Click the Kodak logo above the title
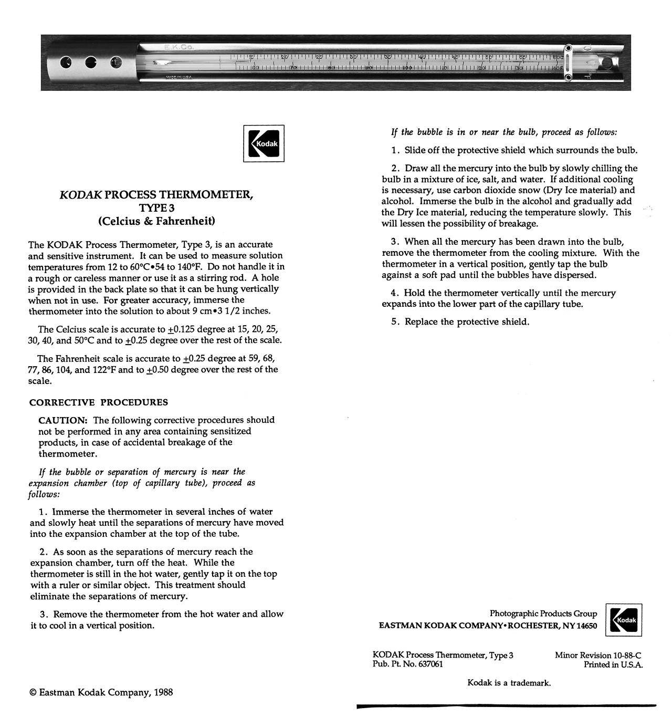coord(264,143)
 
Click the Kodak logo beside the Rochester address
coord(624,620)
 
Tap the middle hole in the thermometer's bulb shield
coord(91,63)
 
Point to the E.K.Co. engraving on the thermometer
coord(178,47)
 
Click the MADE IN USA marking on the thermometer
coord(178,77)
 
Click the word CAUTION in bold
coord(62,420)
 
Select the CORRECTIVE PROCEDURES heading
coord(99,402)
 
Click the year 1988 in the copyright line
coord(163,692)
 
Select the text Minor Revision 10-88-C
coord(598,655)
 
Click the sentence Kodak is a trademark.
coord(509,683)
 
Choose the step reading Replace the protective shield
coord(467,322)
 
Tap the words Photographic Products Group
coord(543,614)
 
